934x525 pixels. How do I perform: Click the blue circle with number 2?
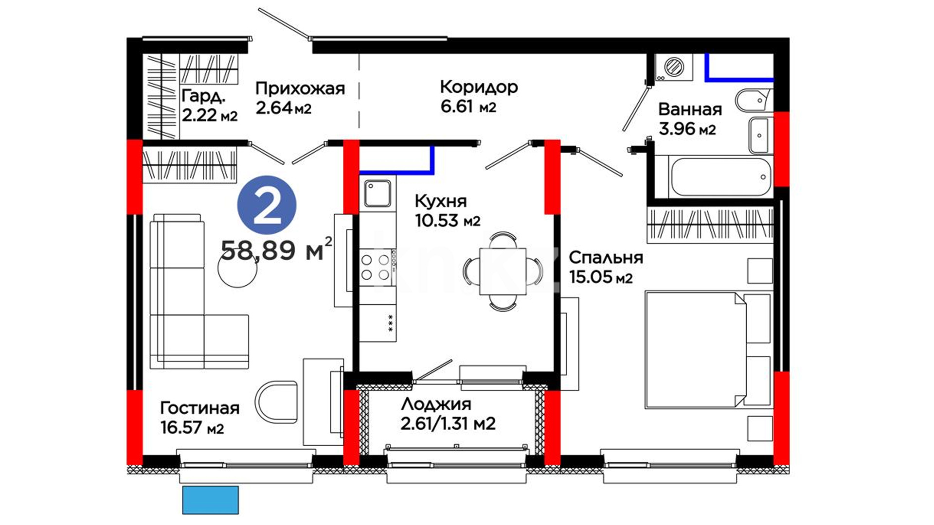[x=267, y=205]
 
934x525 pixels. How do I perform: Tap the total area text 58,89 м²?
[x=276, y=250]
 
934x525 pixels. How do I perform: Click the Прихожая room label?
[x=300, y=88]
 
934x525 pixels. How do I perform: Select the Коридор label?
[x=479, y=87]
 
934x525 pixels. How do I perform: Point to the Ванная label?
[x=690, y=109]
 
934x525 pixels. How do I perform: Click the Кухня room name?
[x=440, y=201]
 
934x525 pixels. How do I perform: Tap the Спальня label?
[x=606, y=258]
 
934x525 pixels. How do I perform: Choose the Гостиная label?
[x=199, y=408]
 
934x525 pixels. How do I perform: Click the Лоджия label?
[x=436, y=404]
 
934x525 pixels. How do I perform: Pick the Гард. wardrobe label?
[x=203, y=96]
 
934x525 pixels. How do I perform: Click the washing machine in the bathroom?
[x=674, y=67]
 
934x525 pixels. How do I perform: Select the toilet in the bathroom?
[x=754, y=101]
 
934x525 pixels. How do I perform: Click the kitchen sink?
[x=377, y=193]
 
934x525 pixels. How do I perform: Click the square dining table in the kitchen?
[x=503, y=271]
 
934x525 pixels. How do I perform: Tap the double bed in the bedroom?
[x=708, y=349]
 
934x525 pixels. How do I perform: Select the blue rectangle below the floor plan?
[x=211, y=500]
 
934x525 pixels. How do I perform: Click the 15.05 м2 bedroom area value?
[x=601, y=277]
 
